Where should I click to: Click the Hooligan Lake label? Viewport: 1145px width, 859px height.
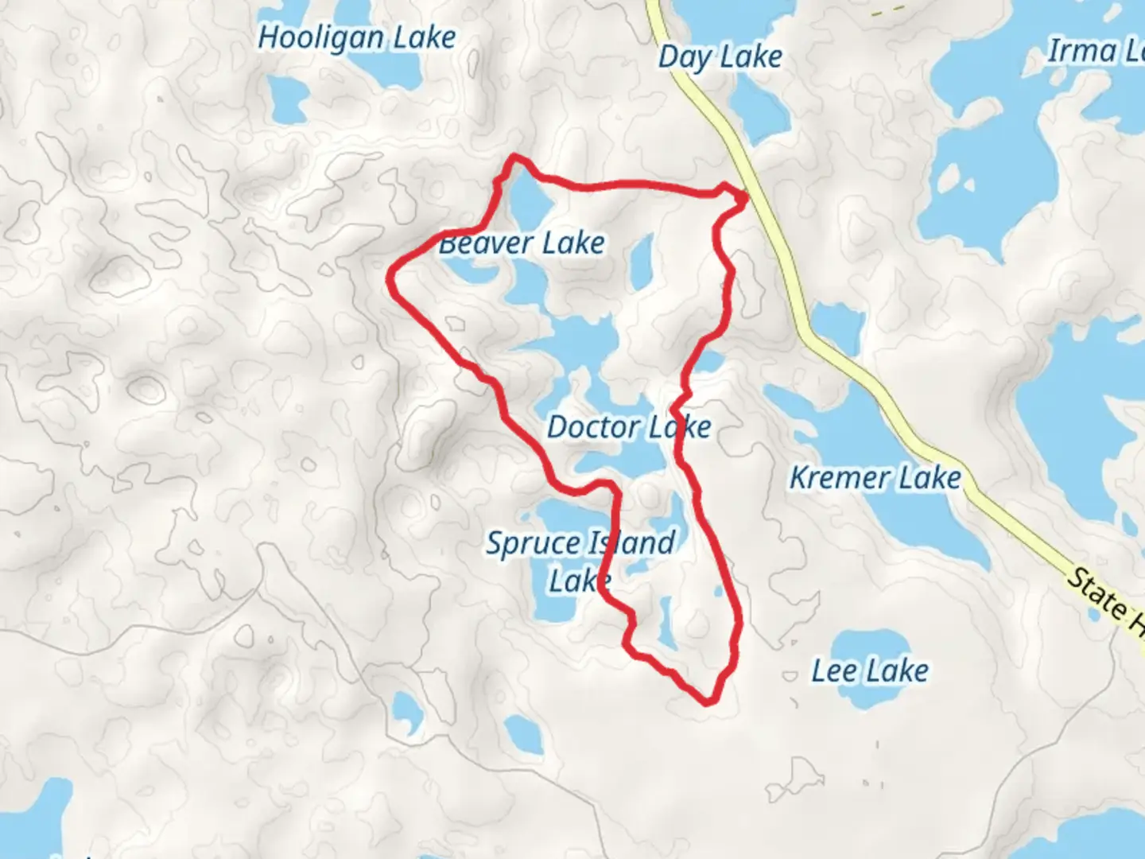[x=357, y=38]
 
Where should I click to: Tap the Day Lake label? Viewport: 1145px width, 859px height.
[x=720, y=57]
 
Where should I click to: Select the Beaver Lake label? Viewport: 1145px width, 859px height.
[x=522, y=243]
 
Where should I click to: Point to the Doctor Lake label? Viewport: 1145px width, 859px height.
[x=629, y=427]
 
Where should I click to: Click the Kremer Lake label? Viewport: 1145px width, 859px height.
[x=875, y=478]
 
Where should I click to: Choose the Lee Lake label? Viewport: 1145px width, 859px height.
[x=870, y=670]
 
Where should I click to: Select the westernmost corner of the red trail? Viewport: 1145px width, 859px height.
[x=390, y=279]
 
